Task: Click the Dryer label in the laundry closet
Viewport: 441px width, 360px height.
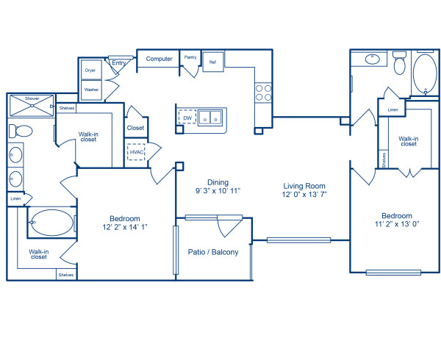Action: point(91,71)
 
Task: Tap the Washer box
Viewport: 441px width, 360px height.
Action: point(92,90)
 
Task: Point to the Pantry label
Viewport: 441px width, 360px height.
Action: point(190,57)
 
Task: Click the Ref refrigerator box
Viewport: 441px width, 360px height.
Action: point(212,62)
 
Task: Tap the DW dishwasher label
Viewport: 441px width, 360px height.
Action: point(187,117)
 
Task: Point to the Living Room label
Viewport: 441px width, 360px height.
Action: point(304,186)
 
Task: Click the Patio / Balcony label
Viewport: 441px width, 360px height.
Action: point(213,252)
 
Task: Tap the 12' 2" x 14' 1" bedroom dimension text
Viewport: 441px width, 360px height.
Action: point(125,226)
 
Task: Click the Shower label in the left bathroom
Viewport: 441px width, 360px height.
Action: point(32,98)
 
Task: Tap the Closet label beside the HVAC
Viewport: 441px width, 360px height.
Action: point(135,128)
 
